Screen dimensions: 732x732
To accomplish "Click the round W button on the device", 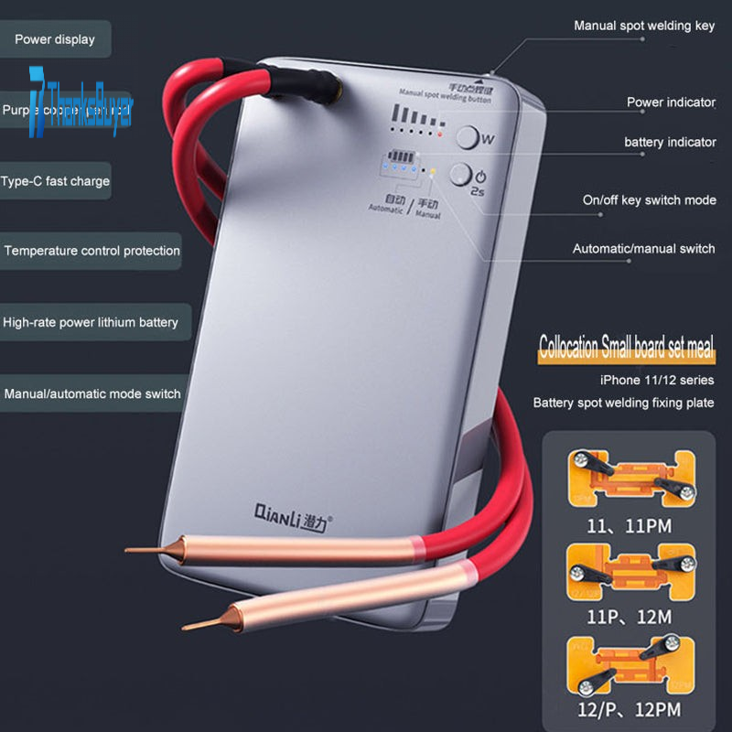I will pyautogui.click(x=468, y=138).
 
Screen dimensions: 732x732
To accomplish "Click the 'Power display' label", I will pyautogui.click(x=54, y=39).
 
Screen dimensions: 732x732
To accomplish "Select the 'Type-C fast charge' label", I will pyautogui.click(x=55, y=181).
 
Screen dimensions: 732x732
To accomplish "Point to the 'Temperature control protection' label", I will pyautogui.click(x=91, y=251).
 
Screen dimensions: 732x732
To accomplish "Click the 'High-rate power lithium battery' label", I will pyautogui.click(x=90, y=322).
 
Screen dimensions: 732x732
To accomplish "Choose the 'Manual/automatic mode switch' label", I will pyautogui.click(x=92, y=394).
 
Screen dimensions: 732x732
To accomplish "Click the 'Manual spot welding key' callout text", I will pyautogui.click(x=644, y=26).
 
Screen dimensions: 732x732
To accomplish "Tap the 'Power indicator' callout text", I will pyautogui.click(x=671, y=102).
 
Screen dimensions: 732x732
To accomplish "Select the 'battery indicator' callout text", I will pyautogui.click(x=670, y=143).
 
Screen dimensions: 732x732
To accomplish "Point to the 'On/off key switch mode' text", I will pyautogui.click(x=649, y=200).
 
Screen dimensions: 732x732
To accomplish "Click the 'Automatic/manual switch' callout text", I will pyautogui.click(x=644, y=249).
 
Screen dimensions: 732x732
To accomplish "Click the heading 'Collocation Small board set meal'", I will pyautogui.click(x=626, y=349).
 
